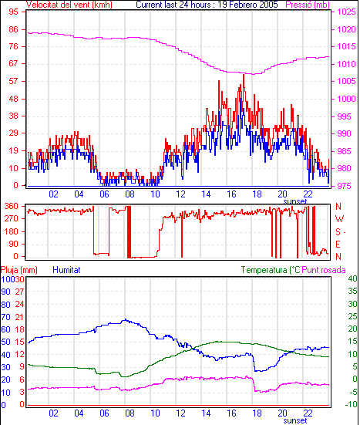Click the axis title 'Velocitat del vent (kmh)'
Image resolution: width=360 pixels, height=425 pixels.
pos(69,5)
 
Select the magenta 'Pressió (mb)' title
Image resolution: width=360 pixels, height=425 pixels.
pos(308,5)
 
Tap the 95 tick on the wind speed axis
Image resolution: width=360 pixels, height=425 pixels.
pos(13,12)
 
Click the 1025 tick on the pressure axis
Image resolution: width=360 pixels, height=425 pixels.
pos(346,12)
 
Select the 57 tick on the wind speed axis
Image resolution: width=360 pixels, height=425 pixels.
pos(13,81)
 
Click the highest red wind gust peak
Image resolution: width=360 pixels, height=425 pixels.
pos(244,75)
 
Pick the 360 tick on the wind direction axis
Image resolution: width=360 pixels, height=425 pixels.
pos(11,206)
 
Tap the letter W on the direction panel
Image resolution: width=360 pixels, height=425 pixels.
pos(339,219)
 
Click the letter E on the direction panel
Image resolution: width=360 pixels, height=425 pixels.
pos(338,245)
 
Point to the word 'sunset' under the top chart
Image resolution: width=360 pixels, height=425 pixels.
pos(295,201)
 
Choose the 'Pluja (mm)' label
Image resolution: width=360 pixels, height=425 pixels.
pos(19,270)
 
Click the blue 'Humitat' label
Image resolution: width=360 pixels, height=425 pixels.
pos(66,270)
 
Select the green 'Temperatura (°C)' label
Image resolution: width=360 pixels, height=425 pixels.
pos(271,270)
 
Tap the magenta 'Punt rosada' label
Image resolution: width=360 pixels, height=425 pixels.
pos(324,270)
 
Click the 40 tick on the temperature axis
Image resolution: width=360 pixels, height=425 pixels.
pos(352,278)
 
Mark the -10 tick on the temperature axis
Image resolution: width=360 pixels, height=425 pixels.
pos(351,404)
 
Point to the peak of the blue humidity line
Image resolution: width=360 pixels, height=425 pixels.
pos(125,319)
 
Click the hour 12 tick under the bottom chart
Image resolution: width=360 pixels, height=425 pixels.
pos(180,413)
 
